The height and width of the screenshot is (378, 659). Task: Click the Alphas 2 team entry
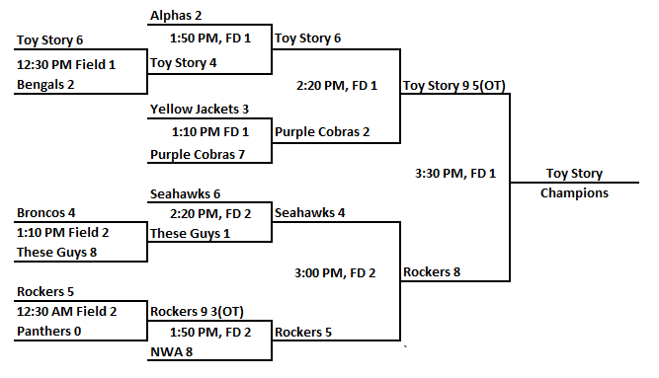(177, 17)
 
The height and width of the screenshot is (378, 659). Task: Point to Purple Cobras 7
(197, 154)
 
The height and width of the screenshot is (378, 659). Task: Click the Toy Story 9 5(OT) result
(454, 85)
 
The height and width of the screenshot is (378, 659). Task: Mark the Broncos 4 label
(44, 212)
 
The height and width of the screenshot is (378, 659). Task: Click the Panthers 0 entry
(50, 333)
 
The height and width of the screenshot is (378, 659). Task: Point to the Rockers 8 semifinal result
(432, 271)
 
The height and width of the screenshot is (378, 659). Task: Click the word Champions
(574, 193)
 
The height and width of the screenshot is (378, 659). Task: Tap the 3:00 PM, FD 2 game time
(337, 271)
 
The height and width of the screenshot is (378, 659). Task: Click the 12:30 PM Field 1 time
(66, 64)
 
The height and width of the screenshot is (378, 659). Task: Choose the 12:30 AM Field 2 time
(66, 312)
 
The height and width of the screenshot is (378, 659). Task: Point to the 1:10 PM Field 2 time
(62, 233)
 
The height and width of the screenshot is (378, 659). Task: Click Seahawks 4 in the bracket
(310, 212)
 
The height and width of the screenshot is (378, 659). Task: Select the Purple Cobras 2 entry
(322, 131)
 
